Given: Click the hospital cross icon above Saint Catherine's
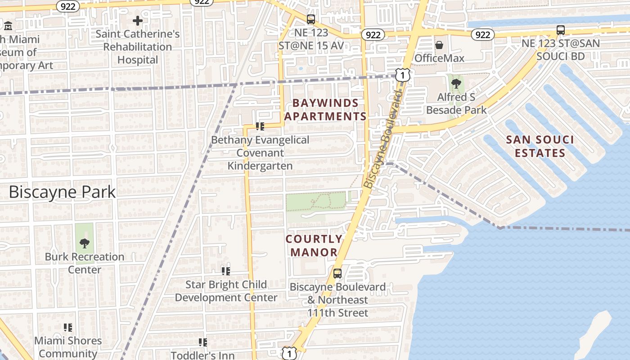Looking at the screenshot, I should coord(138,21).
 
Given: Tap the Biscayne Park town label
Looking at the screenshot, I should coord(62,192).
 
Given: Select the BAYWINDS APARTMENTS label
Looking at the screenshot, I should coord(325,110).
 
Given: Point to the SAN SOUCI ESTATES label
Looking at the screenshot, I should coord(540,146).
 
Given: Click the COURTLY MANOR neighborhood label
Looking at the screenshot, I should coord(314,246).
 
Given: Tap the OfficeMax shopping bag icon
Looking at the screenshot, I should coord(439,45).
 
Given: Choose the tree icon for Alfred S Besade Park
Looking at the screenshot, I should coord(456,83).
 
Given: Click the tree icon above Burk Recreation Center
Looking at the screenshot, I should coord(84,243).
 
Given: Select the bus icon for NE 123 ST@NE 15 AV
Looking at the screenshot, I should coord(311,19).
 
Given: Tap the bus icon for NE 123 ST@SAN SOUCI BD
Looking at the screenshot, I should coord(560,30).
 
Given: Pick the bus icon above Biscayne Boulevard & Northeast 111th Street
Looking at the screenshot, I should coord(337,273).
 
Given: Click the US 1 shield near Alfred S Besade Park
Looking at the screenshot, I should coord(403,75).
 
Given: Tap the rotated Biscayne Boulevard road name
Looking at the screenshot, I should coord(382,139).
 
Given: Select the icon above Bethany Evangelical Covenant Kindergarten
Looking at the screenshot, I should coord(260,126).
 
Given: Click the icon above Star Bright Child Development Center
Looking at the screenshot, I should coord(226,271).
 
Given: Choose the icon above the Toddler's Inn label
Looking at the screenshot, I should coord(203,342).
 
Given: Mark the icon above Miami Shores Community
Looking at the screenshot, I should coord(68,327).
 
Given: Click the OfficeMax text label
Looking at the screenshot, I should coord(439,58).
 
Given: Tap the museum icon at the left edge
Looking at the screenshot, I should coord(8,26).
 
